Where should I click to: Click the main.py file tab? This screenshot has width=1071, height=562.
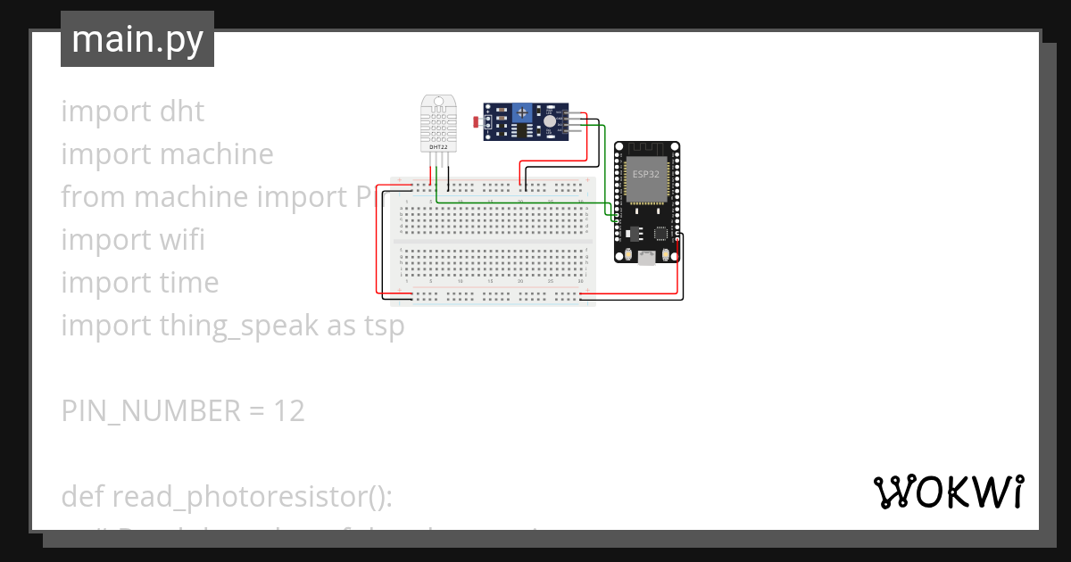137,39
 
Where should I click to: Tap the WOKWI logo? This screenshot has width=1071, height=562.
948,492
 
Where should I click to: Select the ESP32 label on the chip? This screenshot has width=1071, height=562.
645,174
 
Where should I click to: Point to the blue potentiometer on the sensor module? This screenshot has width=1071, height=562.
524,114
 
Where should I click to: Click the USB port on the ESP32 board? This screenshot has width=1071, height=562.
645,257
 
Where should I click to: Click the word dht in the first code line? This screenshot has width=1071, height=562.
182,112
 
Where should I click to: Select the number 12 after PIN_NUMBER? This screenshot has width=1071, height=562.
289,410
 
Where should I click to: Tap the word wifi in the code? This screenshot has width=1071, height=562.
182,239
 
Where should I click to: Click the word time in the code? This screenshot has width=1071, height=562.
189,282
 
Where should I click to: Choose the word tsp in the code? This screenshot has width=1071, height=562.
383,326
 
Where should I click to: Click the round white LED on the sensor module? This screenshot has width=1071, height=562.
549,120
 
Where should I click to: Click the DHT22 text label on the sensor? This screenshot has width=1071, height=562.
437,146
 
